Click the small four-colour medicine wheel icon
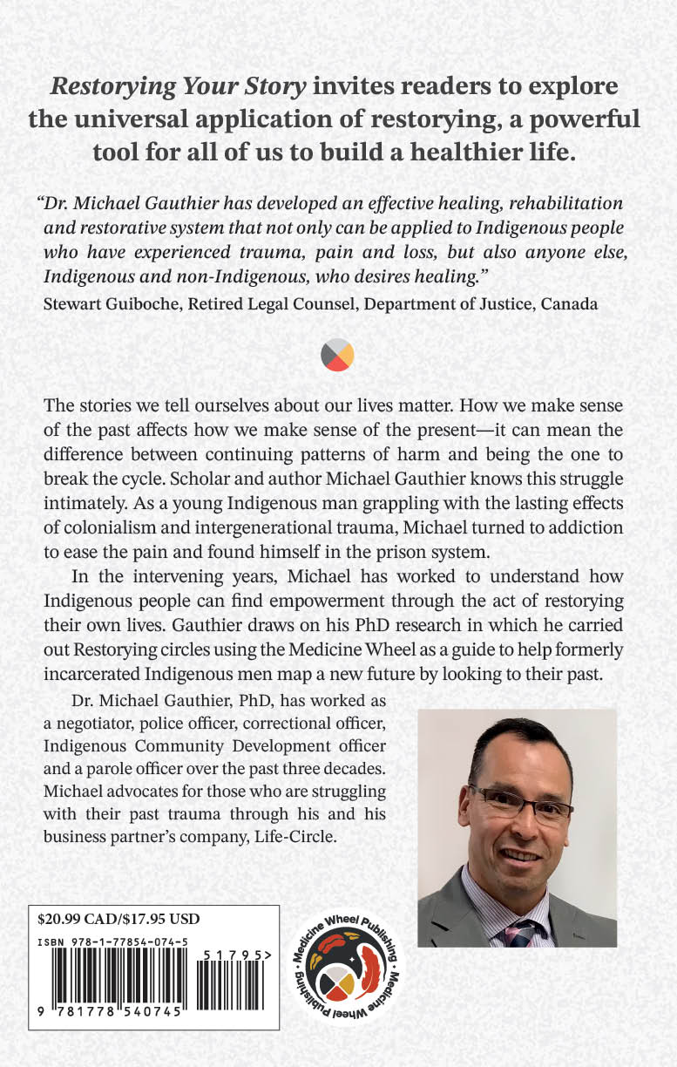(x=337, y=355)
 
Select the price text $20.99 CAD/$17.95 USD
(x=120, y=919)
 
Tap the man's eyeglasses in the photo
(x=521, y=802)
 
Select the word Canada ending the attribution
(x=572, y=304)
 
